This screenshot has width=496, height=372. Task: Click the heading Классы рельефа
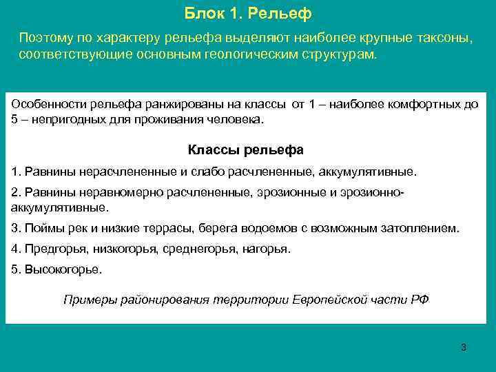[x=245, y=149]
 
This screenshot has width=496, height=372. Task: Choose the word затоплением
[x=422, y=227]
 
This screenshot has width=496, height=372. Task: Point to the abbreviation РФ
[x=420, y=299]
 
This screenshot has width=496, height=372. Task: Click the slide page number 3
[x=464, y=347]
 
